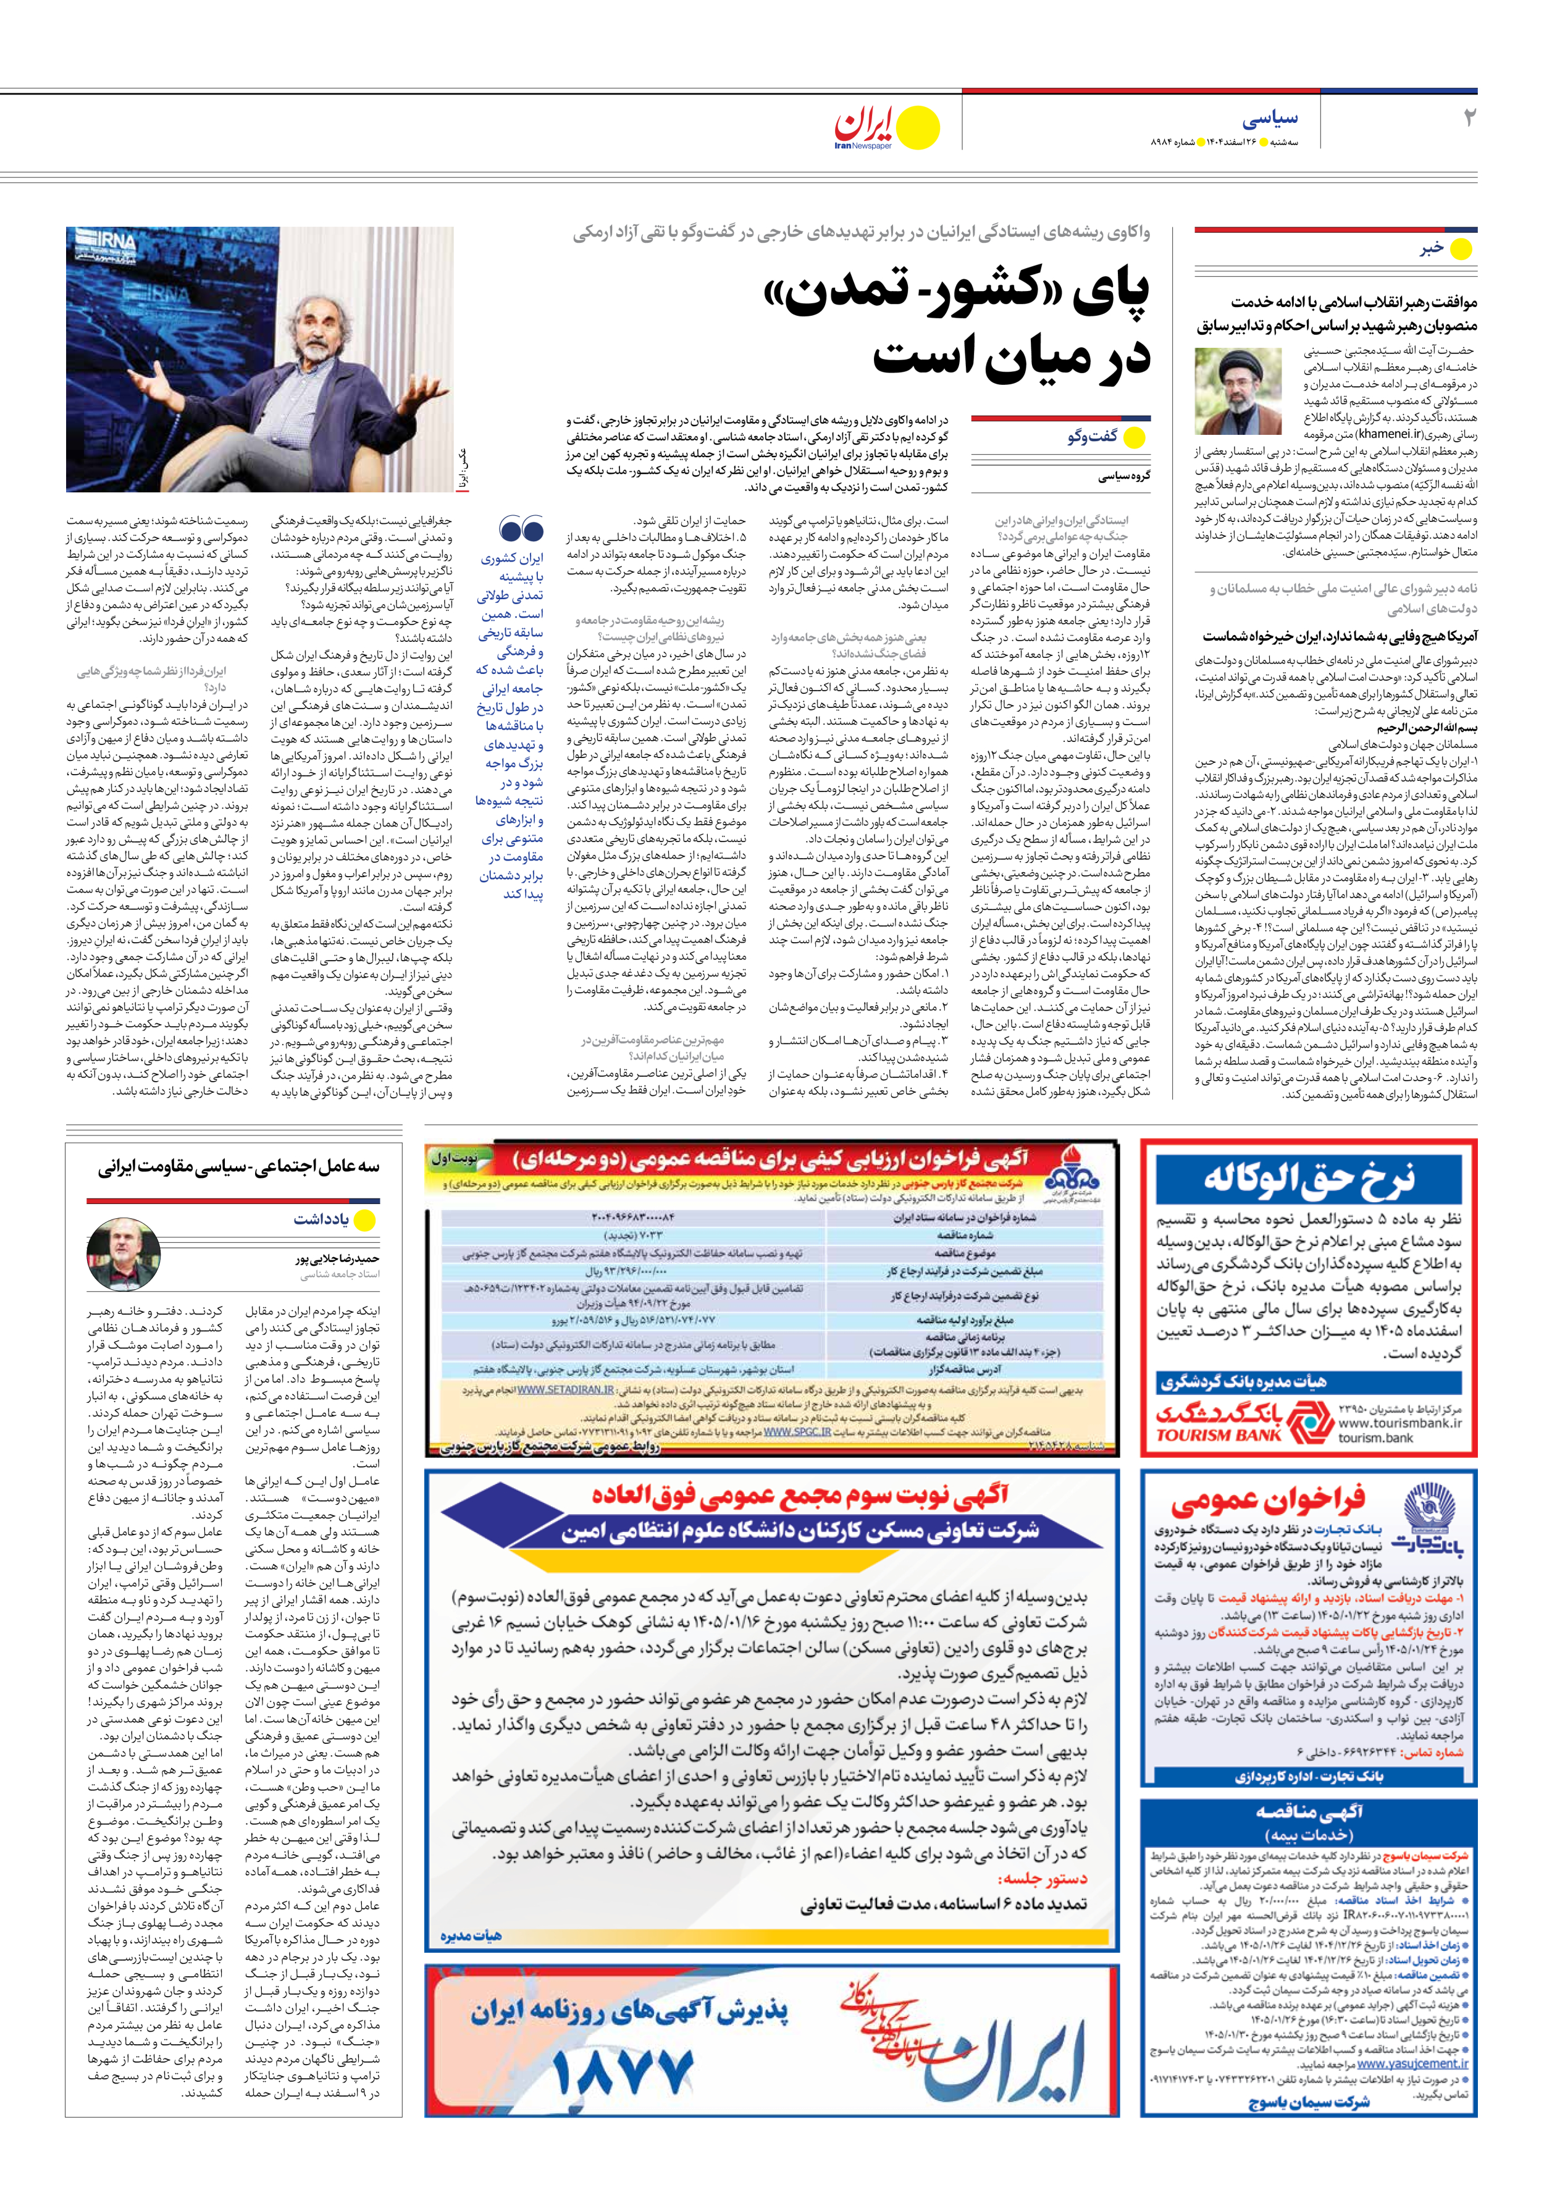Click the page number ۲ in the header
1468,119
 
